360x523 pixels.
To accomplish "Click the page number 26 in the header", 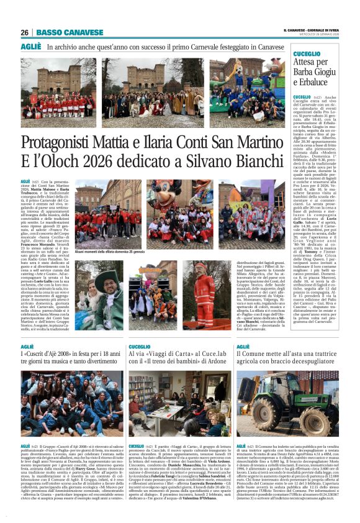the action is point(25,33).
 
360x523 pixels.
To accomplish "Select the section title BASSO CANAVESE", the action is point(70,33).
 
